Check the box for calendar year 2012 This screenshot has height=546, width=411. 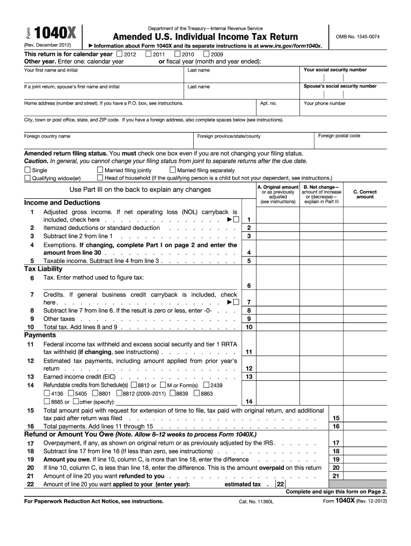[x=119, y=54]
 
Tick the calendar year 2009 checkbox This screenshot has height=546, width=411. [x=207, y=54]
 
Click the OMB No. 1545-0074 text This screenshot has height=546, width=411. [x=357, y=36]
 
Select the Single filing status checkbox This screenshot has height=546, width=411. [x=27, y=171]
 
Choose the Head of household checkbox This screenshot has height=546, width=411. [x=100, y=178]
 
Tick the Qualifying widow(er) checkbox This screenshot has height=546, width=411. [x=27, y=178]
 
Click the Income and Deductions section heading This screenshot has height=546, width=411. [x=62, y=203]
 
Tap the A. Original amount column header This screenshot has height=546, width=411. [x=278, y=195]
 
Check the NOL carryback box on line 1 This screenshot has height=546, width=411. [x=235, y=220]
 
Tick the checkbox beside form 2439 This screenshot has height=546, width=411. [x=206, y=386]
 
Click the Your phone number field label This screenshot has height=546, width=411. [x=325, y=103]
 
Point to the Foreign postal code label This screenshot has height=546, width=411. [x=339, y=136]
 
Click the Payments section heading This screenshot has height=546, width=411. [x=40, y=335]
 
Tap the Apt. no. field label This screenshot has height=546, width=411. [x=268, y=103]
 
